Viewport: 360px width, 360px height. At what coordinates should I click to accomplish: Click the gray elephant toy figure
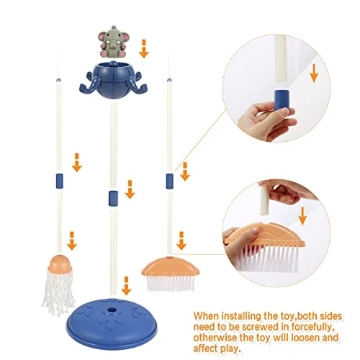(113, 42)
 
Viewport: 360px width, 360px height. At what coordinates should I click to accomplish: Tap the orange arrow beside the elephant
(144, 49)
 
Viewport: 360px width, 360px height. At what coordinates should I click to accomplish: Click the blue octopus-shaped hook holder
(113, 80)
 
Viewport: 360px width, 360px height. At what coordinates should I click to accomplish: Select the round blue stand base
(112, 324)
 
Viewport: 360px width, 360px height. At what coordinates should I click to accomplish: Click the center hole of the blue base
(112, 310)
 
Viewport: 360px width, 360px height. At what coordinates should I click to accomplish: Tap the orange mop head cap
(60, 264)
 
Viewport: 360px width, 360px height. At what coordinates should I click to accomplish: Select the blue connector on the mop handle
(59, 181)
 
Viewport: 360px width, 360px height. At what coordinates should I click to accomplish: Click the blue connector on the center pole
(113, 198)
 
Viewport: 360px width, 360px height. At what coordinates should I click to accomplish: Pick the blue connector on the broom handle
(169, 181)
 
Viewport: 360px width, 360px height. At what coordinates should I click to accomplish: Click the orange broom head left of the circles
(171, 266)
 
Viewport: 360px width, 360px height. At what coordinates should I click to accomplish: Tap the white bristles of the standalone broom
(171, 283)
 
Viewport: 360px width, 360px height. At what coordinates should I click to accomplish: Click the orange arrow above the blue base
(126, 286)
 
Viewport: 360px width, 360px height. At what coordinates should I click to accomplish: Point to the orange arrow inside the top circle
(314, 73)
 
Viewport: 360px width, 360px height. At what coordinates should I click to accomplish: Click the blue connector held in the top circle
(282, 99)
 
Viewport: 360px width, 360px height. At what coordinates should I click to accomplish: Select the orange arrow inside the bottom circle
(302, 216)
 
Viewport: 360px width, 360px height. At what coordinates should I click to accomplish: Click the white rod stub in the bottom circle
(264, 201)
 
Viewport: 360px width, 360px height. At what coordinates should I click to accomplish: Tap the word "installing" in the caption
(240, 316)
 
